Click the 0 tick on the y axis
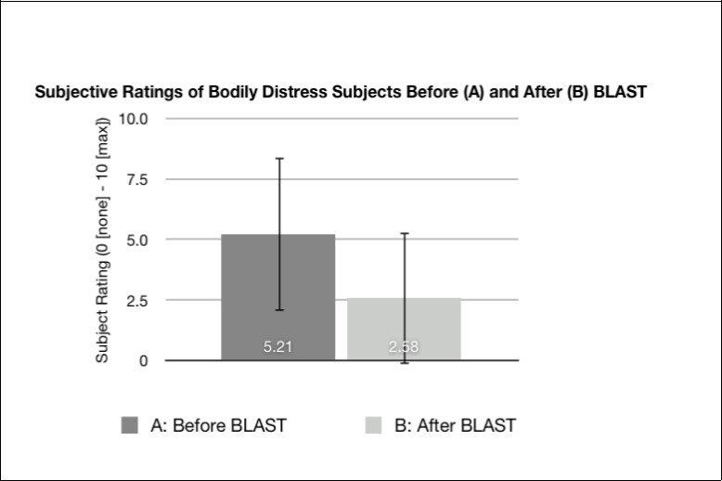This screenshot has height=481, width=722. [x=143, y=361]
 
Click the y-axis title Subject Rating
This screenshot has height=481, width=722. [x=103, y=240]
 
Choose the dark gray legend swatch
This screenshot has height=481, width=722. [x=130, y=425]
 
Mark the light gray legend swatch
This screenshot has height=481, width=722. [x=374, y=425]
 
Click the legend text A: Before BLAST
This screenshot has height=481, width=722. [x=218, y=426]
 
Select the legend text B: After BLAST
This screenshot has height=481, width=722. [x=455, y=426]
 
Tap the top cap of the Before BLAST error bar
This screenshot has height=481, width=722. [x=278, y=159]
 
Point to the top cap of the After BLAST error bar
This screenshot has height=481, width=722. [x=405, y=233]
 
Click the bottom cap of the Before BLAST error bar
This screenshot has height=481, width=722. [x=278, y=310]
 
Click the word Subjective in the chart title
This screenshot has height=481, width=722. [x=73, y=93]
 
